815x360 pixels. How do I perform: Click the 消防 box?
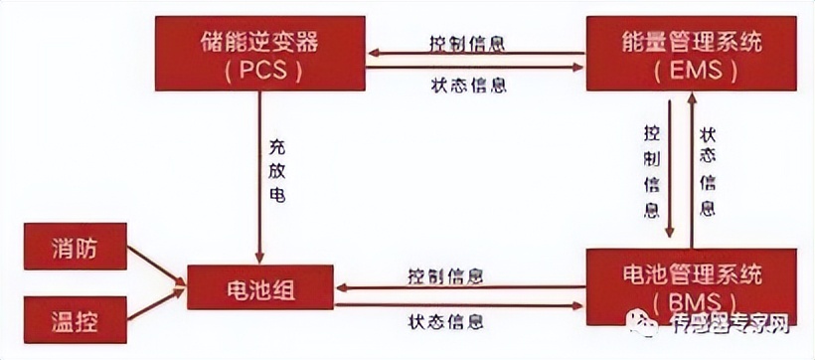click(75, 246)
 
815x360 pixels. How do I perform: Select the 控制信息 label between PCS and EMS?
click(469, 44)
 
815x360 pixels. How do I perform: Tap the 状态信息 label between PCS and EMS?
click(469, 85)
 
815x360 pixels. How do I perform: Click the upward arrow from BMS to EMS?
click(693, 169)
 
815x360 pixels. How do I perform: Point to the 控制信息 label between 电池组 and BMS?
click(445, 273)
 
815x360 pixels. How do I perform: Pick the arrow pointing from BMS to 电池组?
click(457, 287)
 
